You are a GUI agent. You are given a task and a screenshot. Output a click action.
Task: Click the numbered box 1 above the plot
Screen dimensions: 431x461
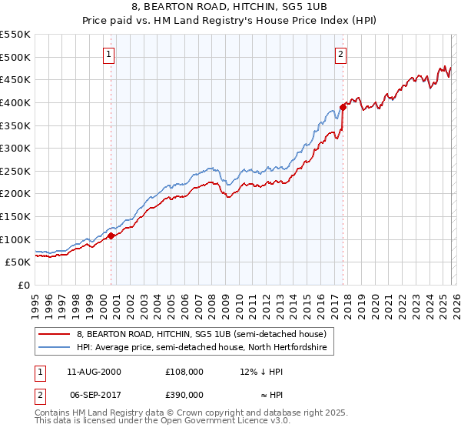pos(110,55)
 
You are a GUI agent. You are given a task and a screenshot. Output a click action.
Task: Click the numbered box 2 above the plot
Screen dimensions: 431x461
pos(340,55)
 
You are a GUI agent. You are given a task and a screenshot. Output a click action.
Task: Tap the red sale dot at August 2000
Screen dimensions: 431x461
pos(111,236)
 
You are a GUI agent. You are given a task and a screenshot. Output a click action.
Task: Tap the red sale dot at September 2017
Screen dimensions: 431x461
pos(343,107)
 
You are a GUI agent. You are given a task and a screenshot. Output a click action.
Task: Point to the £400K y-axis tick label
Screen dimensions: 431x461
pos(15,102)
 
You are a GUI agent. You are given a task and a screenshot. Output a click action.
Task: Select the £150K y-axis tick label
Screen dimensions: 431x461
pos(15,216)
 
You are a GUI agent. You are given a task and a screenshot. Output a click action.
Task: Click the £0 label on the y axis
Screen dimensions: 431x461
pos(24,285)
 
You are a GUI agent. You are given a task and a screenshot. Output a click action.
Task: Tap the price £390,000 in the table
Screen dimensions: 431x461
pos(185,394)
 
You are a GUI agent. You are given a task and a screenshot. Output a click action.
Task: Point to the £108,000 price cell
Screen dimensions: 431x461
pos(185,371)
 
